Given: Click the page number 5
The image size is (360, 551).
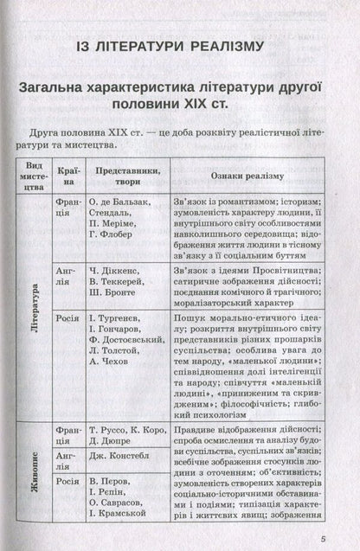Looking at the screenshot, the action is tap(344, 540).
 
